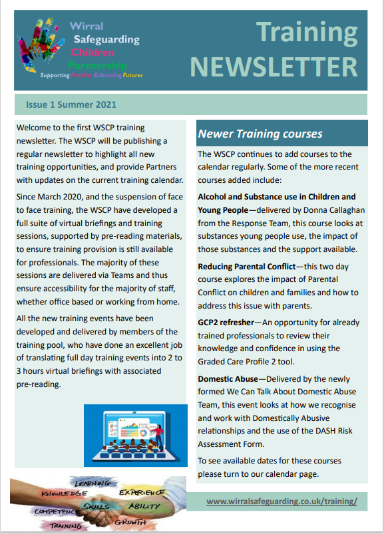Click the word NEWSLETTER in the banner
coord(273,67)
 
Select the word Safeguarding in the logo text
coord(106,39)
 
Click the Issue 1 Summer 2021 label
coord(71,104)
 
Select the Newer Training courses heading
coord(260,134)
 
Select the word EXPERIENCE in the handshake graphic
coord(142,492)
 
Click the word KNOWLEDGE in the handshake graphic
coord(64,493)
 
